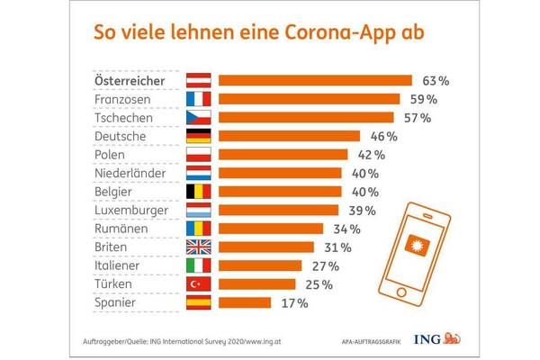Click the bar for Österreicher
click(315, 80)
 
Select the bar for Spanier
click(249, 303)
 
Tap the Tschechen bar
click(306, 117)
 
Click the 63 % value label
click(432, 80)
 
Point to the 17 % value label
click(295, 303)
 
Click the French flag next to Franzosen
click(198, 99)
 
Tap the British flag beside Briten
click(198, 247)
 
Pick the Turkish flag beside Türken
click(198, 284)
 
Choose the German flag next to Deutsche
click(198, 136)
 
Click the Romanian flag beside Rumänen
click(198, 229)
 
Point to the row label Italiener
click(121, 266)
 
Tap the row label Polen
click(112, 155)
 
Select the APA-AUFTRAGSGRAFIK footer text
click(367, 341)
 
